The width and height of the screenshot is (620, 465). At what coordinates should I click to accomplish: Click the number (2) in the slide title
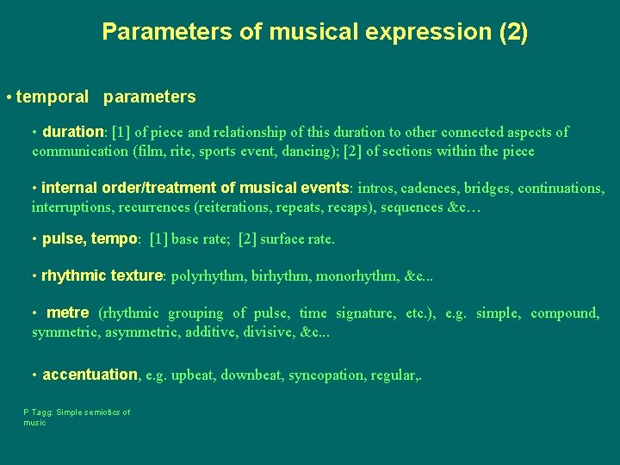coord(513,33)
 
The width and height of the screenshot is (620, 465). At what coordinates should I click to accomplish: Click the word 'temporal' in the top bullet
coord(53,97)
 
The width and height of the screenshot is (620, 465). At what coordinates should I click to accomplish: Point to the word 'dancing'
coord(310,152)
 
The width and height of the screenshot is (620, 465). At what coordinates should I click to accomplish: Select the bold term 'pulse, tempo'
coord(90,239)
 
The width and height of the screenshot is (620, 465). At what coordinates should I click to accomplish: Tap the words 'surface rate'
coord(296,239)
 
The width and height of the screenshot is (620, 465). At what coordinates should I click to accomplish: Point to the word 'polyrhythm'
coord(208,276)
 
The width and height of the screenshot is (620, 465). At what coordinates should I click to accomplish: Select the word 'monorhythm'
coord(356,276)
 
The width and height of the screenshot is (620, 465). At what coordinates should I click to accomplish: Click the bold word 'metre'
coord(67,313)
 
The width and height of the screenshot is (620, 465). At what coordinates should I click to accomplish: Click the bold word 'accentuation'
coord(90,375)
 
